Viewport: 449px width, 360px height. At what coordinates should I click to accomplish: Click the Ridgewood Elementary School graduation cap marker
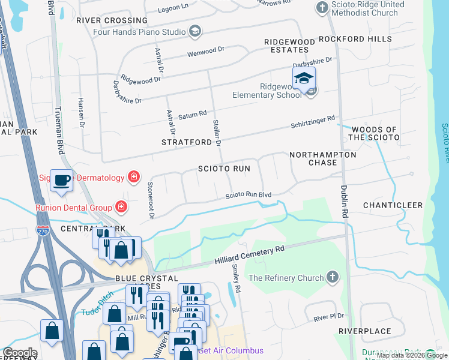[x=304, y=79]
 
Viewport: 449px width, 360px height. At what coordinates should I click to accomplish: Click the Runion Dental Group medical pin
[x=121, y=207]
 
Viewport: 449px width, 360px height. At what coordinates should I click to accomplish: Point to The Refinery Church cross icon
[x=334, y=277]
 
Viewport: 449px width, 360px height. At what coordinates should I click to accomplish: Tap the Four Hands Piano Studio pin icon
[x=194, y=31]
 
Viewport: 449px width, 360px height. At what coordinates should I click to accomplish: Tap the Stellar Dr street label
[x=217, y=133]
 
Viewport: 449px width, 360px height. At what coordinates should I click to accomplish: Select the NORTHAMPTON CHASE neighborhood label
[x=322, y=158]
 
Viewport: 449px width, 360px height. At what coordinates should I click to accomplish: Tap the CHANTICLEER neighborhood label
[x=393, y=205]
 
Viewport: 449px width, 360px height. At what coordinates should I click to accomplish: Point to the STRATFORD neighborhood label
[x=187, y=142]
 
